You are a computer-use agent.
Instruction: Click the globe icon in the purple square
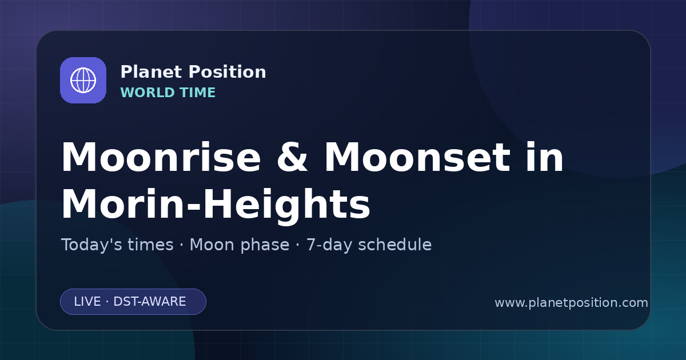coord(83,80)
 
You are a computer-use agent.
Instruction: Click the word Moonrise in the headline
coord(161,157)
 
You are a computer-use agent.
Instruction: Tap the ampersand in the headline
coord(292,157)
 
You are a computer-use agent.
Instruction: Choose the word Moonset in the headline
coord(417,157)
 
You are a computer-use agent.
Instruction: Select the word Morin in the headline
coord(122,204)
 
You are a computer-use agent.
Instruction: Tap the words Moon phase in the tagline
coord(240,246)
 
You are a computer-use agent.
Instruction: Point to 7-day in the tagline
coord(329,246)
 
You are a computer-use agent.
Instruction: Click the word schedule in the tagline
coord(395,245)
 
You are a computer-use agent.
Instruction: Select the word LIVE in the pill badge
coord(87,302)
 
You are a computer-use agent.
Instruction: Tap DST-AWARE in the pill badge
coord(149,302)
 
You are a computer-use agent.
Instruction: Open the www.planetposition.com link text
coord(572,303)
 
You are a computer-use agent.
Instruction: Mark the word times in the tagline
coord(150,245)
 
